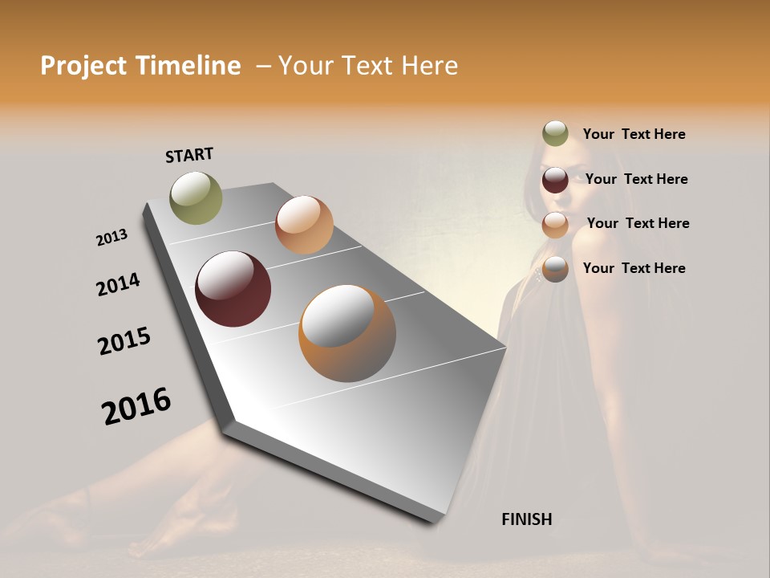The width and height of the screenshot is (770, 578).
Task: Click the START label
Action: click(189, 155)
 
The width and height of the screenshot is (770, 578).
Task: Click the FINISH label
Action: click(526, 519)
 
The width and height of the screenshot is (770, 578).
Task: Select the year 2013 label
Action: click(111, 238)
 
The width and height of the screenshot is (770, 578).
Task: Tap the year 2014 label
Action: click(118, 284)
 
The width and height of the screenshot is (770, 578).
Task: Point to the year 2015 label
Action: click(124, 341)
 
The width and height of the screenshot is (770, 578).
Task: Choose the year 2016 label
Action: click(136, 406)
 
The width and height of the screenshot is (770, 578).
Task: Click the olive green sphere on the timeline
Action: click(196, 197)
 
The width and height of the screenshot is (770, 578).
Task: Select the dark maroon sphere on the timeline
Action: click(233, 289)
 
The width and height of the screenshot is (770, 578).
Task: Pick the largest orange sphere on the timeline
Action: click(346, 333)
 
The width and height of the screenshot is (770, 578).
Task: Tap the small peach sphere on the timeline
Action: click(304, 225)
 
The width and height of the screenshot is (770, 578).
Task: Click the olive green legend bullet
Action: click(555, 134)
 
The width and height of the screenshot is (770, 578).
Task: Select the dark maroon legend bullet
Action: click(555, 180)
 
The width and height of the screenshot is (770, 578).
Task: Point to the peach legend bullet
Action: click(555, 225)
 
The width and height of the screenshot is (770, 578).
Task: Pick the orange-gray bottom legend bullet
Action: click(555, 269)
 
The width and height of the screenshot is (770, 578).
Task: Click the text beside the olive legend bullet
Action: click(634, 134)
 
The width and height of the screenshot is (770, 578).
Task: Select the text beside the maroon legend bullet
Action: click(636, 179)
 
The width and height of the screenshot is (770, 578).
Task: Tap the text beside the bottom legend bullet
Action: click(634, 268)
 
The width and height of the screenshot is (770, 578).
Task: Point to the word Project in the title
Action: click(83, 66)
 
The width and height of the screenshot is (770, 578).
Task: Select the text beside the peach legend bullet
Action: click(638, 223)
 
